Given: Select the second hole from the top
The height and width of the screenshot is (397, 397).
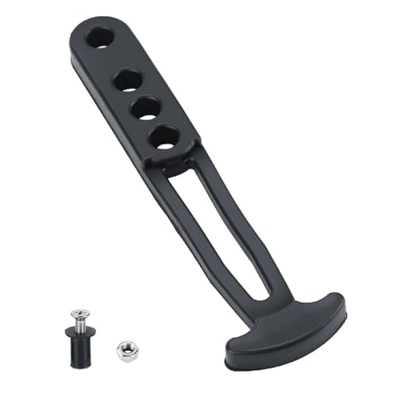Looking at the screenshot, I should click(x=129, y=79).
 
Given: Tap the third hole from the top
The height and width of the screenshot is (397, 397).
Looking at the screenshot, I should click(x=146, y=110).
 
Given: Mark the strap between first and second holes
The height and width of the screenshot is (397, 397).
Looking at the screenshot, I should click(x=117, y=60).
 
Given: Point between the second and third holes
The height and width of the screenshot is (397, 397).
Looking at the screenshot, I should click(x=137, y=94).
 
